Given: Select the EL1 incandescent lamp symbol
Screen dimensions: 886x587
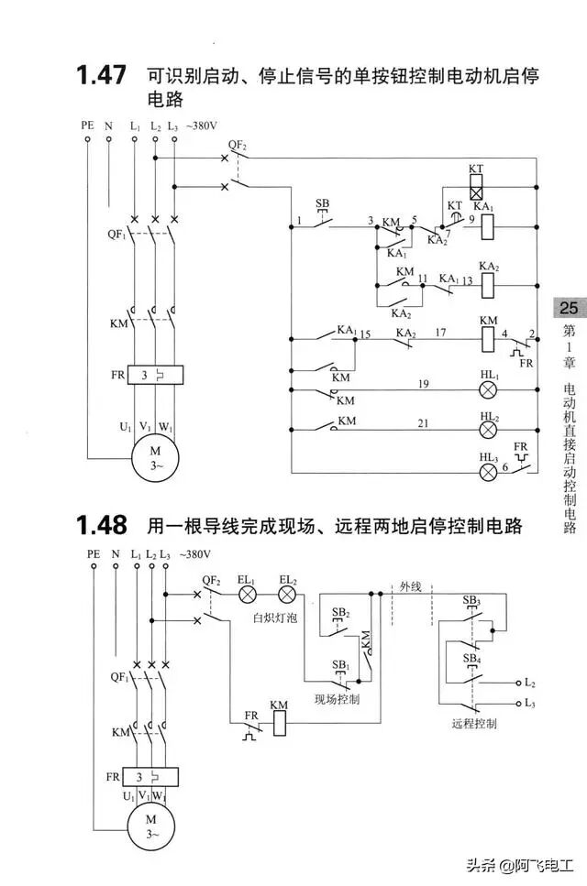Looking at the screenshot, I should [247, 595].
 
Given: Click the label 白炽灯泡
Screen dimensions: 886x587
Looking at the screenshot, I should [274, 618].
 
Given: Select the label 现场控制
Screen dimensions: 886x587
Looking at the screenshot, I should [337, 699].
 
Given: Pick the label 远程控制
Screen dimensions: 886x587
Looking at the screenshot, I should [474, 723].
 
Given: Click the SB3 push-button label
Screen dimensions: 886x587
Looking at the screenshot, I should [471, 600].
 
